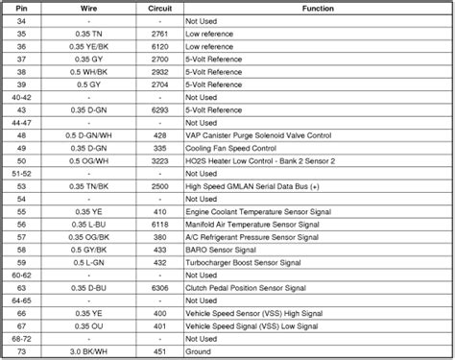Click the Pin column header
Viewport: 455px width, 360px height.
[x=21, y=6]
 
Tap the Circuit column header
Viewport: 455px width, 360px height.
[x=159, y=6]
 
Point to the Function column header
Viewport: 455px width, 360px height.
[x=318, y=6]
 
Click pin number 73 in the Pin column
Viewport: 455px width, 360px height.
[x=21, y=350]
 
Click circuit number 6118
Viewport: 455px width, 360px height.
[x=159, y=223]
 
